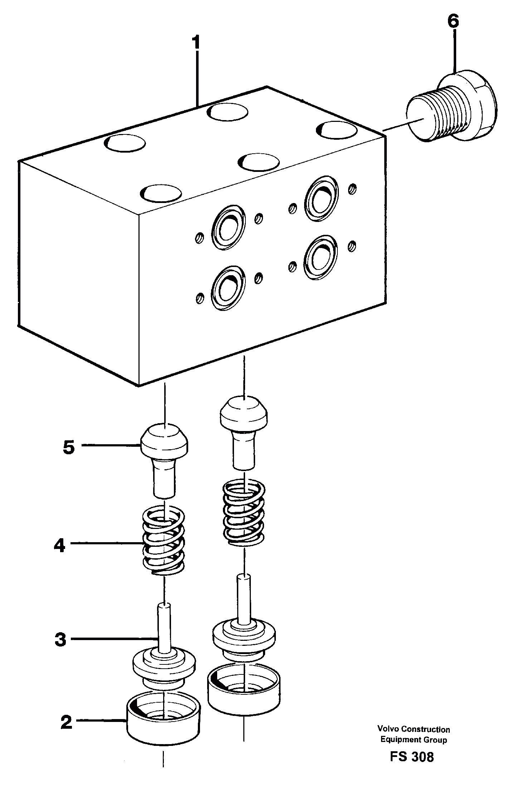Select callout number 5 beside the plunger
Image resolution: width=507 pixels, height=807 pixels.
point(69,447)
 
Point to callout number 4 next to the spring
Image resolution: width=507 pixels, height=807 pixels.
point(60,546)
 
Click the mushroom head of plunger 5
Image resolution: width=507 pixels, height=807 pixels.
point(165,440)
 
